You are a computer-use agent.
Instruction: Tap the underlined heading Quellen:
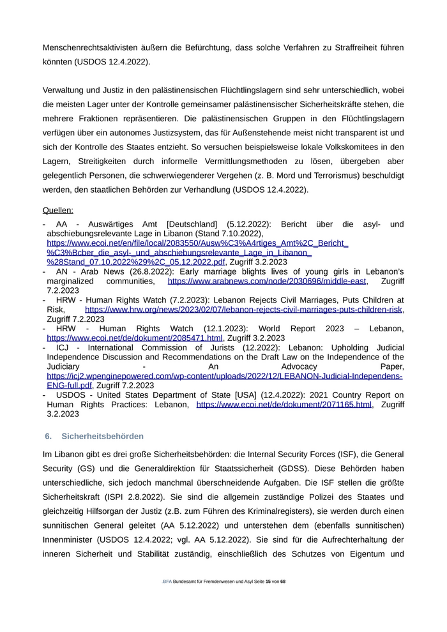[57, 210]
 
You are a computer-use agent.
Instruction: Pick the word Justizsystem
[209, 133]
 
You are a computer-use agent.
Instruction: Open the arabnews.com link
[267, 281]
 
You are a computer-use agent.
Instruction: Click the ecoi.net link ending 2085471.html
[135, 338]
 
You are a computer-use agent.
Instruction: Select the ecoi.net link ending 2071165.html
[284, 404]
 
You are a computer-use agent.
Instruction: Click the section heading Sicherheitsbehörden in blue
[103, 436]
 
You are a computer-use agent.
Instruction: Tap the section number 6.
[48, 436]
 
